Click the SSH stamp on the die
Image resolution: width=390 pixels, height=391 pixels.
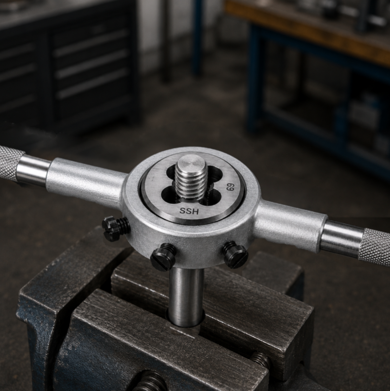(189, 211)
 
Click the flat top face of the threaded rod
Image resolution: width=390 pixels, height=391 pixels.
(191, 163)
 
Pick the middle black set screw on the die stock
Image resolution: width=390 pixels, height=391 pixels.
(163, 256)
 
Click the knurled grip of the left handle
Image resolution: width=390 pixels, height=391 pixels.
(10, 163)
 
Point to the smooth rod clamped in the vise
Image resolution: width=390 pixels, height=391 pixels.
(186, 297)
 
